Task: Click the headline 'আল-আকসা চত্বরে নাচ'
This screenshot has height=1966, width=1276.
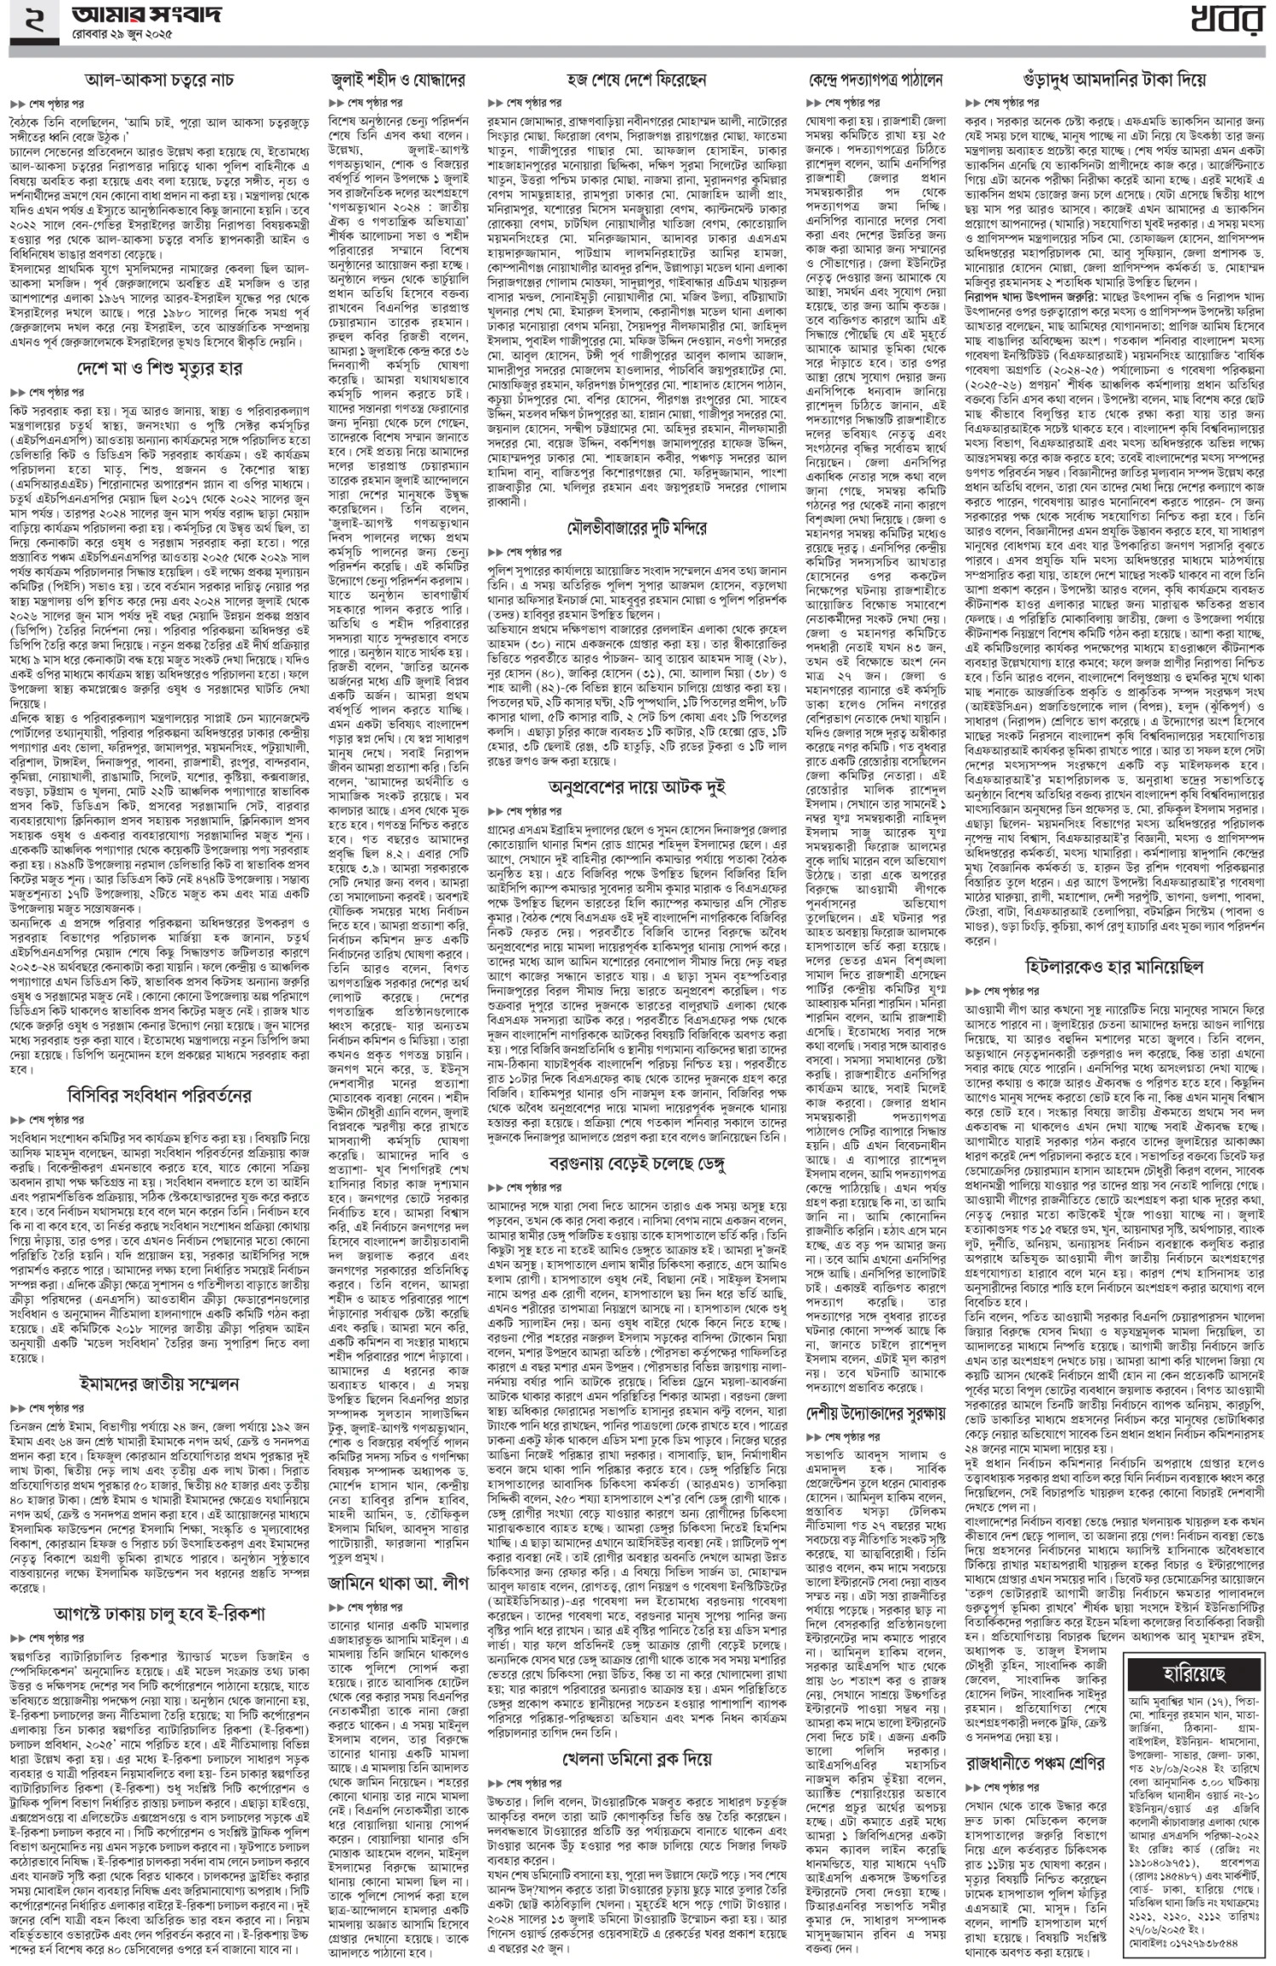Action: tap(159, 81)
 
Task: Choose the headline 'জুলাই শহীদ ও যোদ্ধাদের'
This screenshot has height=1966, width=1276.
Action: tap(399, 81)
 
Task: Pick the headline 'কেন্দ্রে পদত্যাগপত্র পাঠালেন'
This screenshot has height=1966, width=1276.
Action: tap(875, 81)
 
